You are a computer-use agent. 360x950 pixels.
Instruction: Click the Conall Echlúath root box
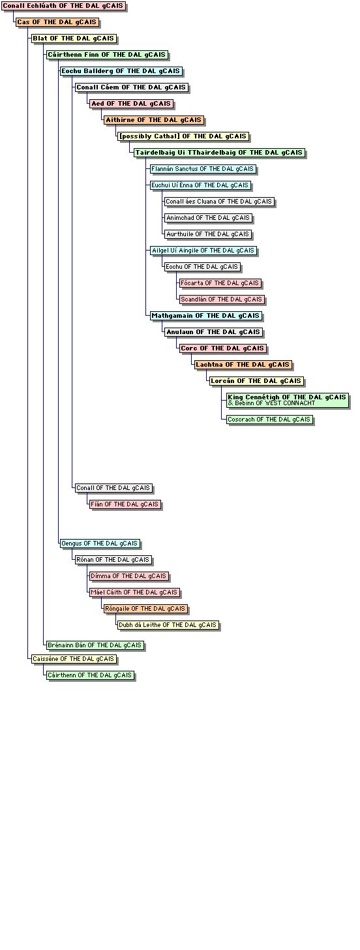64,6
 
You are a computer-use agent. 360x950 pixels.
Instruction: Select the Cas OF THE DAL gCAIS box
57,22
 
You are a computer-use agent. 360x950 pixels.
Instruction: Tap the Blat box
74,38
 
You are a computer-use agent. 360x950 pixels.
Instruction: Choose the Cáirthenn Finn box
107,55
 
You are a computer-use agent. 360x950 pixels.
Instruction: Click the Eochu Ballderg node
121,71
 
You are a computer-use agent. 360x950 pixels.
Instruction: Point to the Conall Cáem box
132,87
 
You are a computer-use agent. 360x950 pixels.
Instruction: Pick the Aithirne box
154,120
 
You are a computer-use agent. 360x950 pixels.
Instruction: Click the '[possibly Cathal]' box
183,136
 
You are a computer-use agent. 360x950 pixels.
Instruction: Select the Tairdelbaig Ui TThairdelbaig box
219,153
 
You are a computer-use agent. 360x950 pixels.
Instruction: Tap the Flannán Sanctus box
203,169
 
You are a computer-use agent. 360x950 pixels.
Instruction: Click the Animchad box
208,218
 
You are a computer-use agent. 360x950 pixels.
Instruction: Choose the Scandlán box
222,299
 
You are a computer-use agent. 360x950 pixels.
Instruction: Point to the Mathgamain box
205,316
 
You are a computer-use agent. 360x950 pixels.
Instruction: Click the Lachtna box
243,365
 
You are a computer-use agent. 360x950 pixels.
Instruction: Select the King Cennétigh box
288,401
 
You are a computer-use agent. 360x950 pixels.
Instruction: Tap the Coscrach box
269,420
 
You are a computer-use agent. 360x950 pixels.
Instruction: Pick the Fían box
125,504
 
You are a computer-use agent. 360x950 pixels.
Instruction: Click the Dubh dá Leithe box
168,624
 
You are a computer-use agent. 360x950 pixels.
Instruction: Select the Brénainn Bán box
95,645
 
